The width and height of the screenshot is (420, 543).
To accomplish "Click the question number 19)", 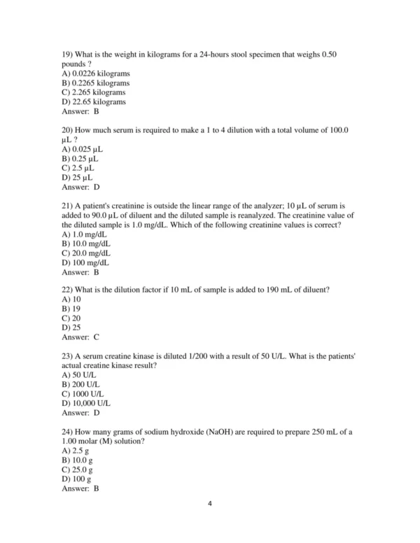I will point(69,55).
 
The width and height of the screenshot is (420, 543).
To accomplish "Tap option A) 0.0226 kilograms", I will point(96,73).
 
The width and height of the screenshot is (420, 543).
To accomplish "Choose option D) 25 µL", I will point(78,178).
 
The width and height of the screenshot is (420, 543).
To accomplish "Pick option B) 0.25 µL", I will point(82,159).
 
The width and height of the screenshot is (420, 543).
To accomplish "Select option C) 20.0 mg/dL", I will point(86,253).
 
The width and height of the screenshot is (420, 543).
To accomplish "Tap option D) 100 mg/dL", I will point(85,262).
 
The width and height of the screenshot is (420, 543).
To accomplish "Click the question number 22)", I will point(69,290).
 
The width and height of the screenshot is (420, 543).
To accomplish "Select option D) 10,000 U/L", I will point(86,402).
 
